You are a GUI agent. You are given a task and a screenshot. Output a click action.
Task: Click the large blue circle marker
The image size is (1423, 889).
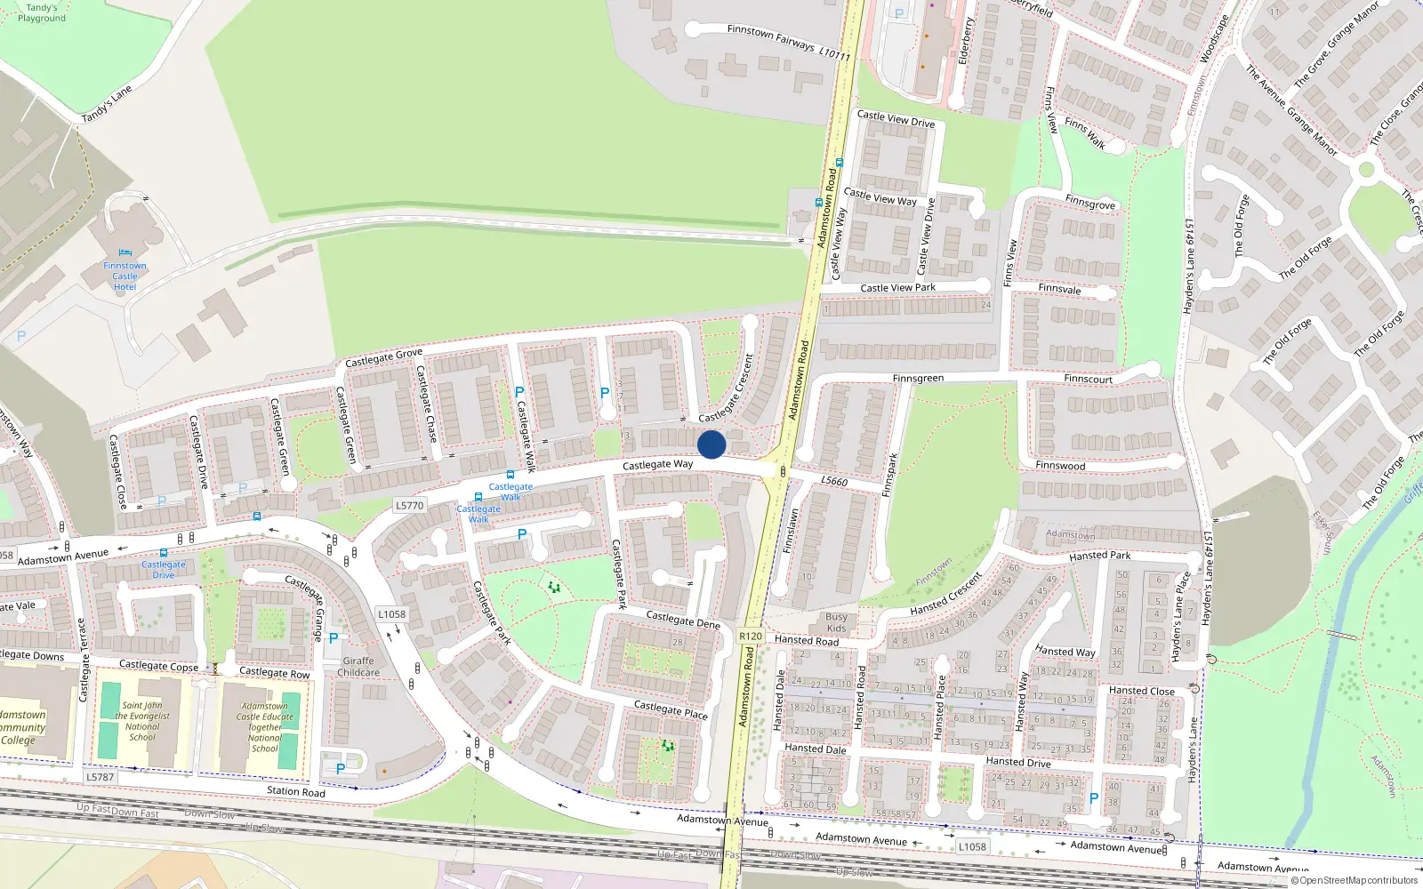(711, 444)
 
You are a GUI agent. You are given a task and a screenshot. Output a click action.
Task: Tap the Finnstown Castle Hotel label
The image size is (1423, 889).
(125, 276)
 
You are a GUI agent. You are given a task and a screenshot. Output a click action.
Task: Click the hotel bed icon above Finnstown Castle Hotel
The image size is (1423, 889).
(125, 253)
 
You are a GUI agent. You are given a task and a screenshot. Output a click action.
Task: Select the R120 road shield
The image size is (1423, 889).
(751, 636)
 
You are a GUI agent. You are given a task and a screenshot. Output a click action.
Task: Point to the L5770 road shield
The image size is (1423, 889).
(409, 506)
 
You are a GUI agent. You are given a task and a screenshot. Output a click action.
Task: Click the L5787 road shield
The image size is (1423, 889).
(100, 777)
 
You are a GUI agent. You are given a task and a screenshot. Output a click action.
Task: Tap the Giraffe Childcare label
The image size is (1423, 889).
(358, 667)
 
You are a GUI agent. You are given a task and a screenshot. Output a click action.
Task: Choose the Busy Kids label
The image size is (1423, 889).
(836, 622)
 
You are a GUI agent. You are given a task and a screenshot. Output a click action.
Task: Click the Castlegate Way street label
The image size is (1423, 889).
(657, 465)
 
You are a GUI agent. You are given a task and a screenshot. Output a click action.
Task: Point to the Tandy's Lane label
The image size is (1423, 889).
(107, 104)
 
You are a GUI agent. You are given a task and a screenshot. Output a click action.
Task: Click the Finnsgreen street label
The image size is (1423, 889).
(918, 379)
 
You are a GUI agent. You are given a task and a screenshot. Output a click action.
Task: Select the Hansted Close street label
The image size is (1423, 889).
(1141, 691)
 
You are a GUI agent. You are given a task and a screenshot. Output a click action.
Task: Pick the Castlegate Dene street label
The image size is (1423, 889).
(682, 620)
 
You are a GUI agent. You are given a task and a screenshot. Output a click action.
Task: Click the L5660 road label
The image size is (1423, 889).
(834, 481)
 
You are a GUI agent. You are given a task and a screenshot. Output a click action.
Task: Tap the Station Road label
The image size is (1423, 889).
(296, 791)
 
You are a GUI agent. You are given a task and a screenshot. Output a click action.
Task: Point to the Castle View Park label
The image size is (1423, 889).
(897, 288)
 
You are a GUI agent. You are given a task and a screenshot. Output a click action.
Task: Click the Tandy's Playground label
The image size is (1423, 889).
(41, 12)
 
